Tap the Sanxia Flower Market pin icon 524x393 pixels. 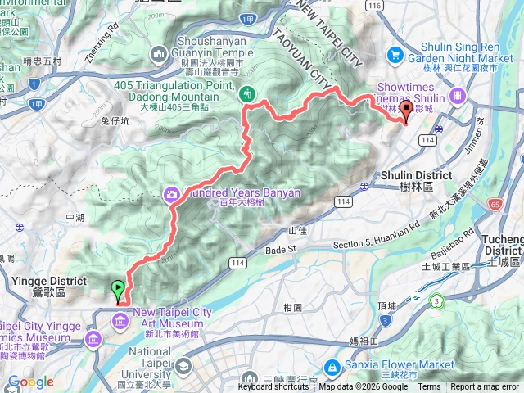[334, 365]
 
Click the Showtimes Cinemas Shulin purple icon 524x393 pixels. [456, 96]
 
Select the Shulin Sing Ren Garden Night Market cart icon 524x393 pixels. [396, 54]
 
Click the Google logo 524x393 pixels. [30, 382]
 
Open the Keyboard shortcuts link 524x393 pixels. [273, 387]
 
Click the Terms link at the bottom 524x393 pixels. [428, 387]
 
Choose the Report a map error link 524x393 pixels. [485, 387]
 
